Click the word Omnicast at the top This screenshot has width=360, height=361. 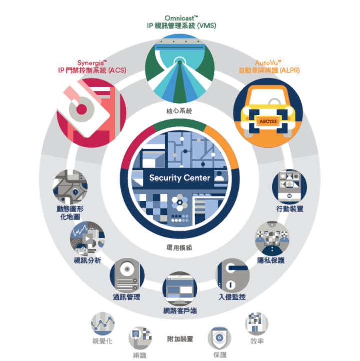(179, 18)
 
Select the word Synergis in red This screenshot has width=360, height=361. (91, 63)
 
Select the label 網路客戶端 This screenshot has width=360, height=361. (179, 311)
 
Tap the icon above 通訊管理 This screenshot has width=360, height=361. (126, 275)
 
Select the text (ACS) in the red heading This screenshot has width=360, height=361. (120, 71)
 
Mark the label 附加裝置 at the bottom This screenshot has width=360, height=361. (180, 339)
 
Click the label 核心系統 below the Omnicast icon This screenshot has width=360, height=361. (179, 110)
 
